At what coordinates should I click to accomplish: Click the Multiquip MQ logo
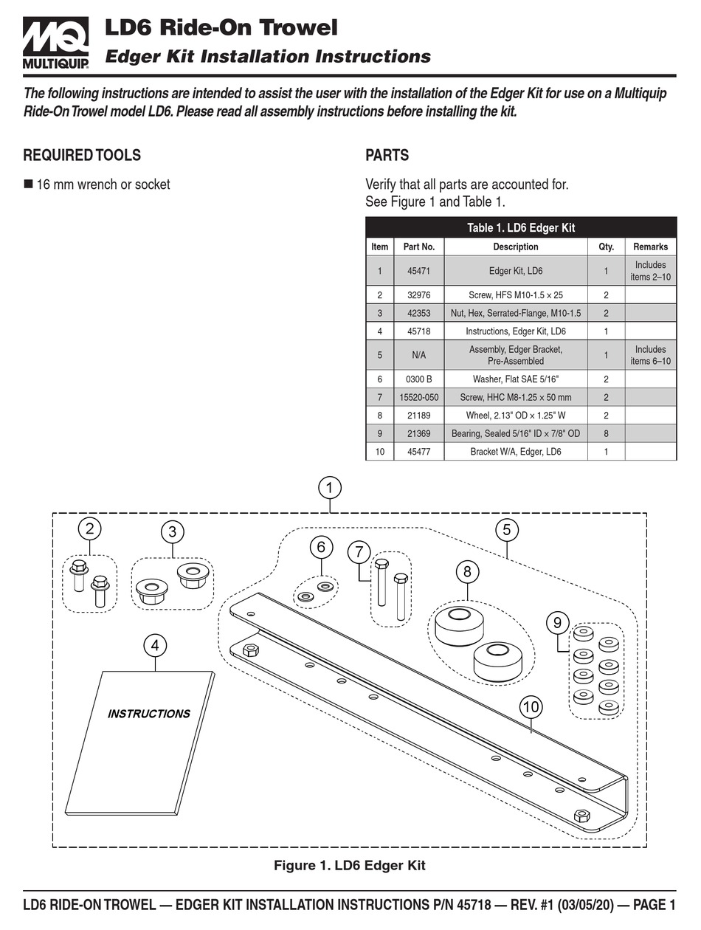(55, 43)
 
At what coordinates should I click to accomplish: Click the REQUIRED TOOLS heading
(82, 156)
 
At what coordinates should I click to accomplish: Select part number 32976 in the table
(418, 294)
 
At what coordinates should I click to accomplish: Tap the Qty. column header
(606, 247)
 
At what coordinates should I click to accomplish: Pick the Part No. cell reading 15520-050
(418, 397)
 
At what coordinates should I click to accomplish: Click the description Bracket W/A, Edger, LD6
(515, 451)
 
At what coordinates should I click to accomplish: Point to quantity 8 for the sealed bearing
(606, 433)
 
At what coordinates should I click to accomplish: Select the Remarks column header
(650, 247)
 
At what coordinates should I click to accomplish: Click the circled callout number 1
(330, 489)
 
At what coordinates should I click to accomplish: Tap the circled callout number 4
(155, 646)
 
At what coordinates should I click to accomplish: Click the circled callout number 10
(531, 707)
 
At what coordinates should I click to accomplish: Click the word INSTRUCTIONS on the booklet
(148, 714)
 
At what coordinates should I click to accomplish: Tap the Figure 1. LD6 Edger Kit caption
(350, 865)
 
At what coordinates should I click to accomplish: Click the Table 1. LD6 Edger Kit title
(520, 228)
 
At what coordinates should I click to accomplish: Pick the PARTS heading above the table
(387, 156)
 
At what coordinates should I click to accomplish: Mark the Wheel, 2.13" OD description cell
(515, 416)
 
